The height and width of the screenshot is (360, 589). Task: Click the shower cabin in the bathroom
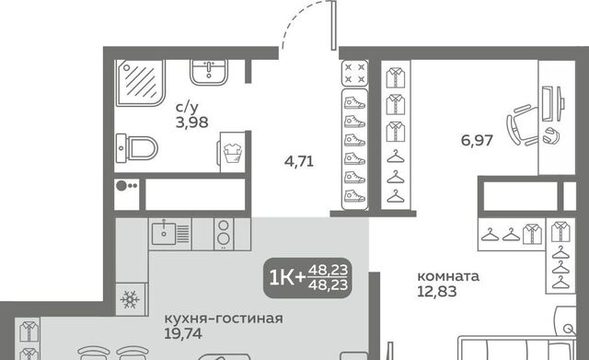[x=140, y=82]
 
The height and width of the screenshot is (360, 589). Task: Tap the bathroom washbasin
[x=209, y=73]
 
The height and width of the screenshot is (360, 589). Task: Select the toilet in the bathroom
[x=136, y=148]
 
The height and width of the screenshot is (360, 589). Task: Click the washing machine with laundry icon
[x=232, y=152]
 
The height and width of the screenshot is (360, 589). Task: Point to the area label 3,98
[x=191, y=122]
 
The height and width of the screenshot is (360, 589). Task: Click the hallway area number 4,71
[x=299, y=162]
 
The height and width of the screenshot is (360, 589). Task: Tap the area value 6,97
[x=477, y=141]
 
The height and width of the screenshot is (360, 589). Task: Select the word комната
[x=448, y=276]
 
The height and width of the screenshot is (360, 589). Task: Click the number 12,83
[x=437, y=291]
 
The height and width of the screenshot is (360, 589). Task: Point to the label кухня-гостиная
[x=224, y=319]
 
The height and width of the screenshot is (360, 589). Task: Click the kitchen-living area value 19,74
[x=183, y=333]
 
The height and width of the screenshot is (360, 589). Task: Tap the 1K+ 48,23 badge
[x=308, y=278]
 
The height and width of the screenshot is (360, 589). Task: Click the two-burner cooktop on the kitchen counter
[x=224, y=234]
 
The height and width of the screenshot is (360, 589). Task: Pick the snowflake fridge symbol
[x=130, y=300]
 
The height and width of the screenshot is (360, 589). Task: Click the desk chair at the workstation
[x=523, y=125]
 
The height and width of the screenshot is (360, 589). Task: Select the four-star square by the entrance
[x=354, y=74]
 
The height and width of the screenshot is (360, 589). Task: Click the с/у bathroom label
[x=187, y=108]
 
